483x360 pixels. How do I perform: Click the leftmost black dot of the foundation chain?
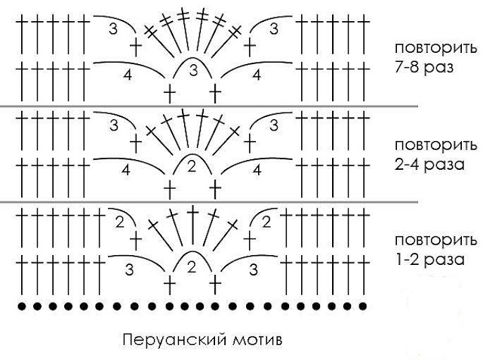click(x=22, y=307)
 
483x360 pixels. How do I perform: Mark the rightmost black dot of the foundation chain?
click(x=364, y=307)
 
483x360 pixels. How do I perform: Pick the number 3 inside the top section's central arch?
click(x=193, y=72)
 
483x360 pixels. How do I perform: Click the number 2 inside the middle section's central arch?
click(x=192, y=168)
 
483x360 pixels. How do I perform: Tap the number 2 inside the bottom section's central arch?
click(x=192, y=266)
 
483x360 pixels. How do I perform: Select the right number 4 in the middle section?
click(x=257, y=171)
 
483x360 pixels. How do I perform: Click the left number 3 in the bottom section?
click(x=130, y=269)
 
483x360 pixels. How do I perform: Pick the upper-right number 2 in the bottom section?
click(x=266, y=222)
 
